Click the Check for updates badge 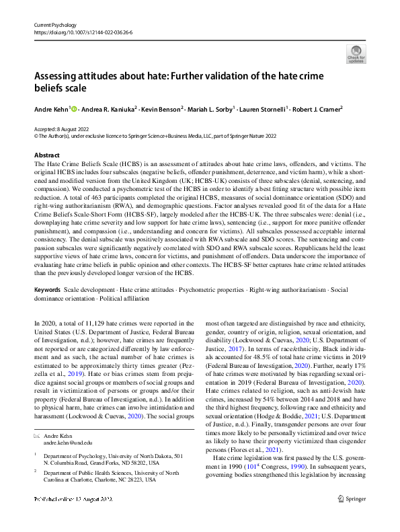point(356,54)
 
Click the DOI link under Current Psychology point(75,32)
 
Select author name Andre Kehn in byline point(50,109)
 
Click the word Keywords point(47,289)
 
